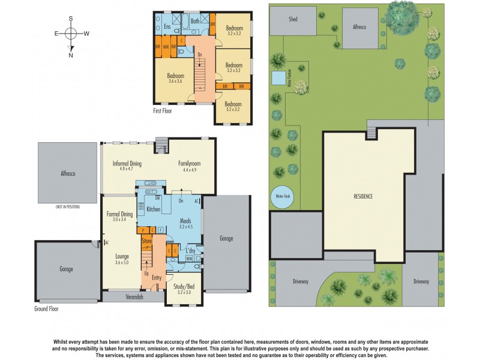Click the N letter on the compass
71,55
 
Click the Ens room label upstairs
167,27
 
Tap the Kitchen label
154,209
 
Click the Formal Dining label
120,217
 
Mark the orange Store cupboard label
146,241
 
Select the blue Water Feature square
278,78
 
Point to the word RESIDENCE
364,196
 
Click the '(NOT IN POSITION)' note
67,207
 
